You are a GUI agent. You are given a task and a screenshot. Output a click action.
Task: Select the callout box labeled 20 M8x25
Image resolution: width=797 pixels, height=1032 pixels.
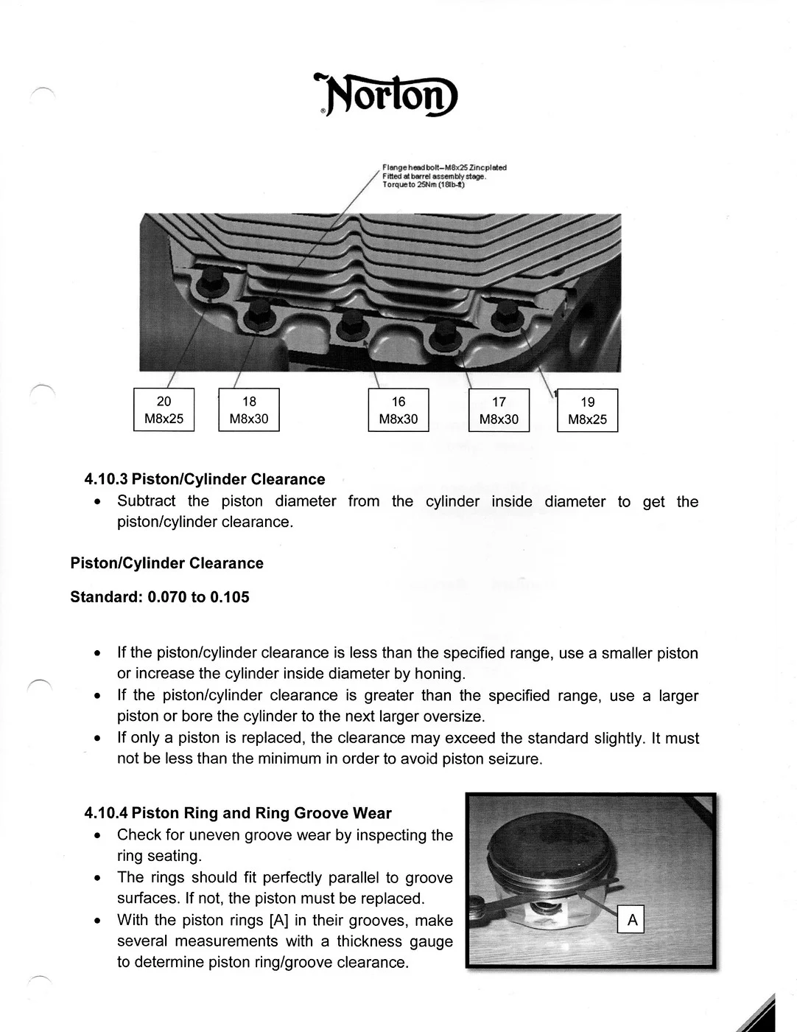point(164,410)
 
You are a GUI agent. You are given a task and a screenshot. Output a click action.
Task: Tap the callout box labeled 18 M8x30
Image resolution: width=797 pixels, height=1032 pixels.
point(249,410)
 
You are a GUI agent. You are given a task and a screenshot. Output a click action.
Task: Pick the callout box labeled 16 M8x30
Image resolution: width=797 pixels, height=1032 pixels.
point(398,410)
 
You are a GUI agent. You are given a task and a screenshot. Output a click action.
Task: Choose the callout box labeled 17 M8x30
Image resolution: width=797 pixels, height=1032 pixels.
point(499,411)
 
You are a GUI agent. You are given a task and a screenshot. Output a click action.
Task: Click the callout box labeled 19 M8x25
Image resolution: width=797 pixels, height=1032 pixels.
point(587,411)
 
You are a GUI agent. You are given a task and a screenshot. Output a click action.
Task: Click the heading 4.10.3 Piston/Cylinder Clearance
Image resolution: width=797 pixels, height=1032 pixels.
point(205,479)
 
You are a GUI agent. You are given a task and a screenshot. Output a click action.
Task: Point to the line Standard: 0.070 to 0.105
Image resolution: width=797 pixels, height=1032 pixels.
point(160,597)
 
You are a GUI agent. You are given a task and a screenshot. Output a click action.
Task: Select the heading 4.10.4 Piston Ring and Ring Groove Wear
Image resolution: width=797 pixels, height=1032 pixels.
point(238,813)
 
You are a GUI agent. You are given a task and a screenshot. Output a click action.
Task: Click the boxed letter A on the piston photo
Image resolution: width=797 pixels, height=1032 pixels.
point(632,920)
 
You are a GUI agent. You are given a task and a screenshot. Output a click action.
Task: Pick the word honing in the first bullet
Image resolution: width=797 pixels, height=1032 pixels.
point(439,674)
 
